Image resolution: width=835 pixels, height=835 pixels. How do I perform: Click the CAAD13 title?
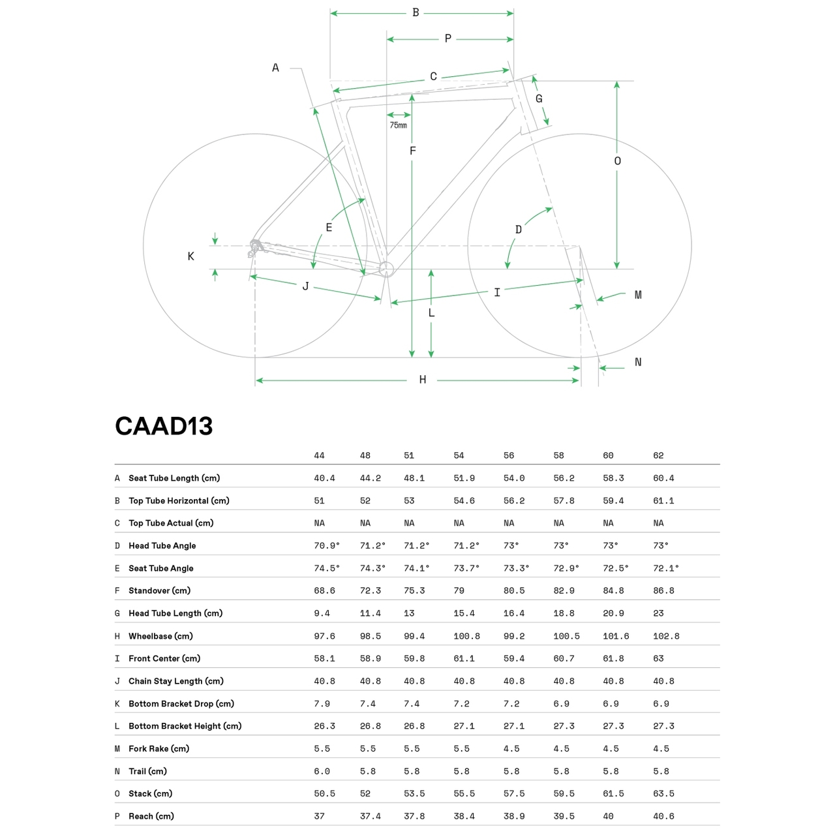(164, 426)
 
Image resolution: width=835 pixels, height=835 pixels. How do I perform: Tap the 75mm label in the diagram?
(398, 125)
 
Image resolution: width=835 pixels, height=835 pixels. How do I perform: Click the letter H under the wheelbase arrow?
(423, 380)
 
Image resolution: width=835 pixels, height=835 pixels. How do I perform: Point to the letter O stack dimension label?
(617, 161)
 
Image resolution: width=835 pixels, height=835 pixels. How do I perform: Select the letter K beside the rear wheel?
(190, 256)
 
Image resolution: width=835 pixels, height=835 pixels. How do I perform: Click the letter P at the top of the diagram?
(448, 39)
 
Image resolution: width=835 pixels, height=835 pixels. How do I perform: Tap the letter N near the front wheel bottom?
(638, 362)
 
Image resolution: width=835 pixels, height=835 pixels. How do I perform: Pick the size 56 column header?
(509, 455)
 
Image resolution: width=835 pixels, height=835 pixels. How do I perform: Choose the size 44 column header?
(319, 455)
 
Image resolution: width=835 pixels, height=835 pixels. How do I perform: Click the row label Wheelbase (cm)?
(160, 636)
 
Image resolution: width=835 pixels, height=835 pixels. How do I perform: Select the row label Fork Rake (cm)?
(159, 749)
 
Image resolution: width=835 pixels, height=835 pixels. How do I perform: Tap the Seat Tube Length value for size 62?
(663, 478)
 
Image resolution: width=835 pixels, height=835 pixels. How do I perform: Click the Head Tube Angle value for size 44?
(327, 545)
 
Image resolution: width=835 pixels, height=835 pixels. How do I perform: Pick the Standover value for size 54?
(459, 590)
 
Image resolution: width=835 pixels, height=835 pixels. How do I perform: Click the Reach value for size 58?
(564, 816)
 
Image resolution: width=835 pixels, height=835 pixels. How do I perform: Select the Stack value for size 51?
(414, 794)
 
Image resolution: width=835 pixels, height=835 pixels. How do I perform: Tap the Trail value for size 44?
(322, 771)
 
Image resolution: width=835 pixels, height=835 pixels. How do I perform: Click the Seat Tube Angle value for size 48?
(372, 568)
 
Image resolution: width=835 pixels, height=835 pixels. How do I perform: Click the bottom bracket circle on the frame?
(386, 268)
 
